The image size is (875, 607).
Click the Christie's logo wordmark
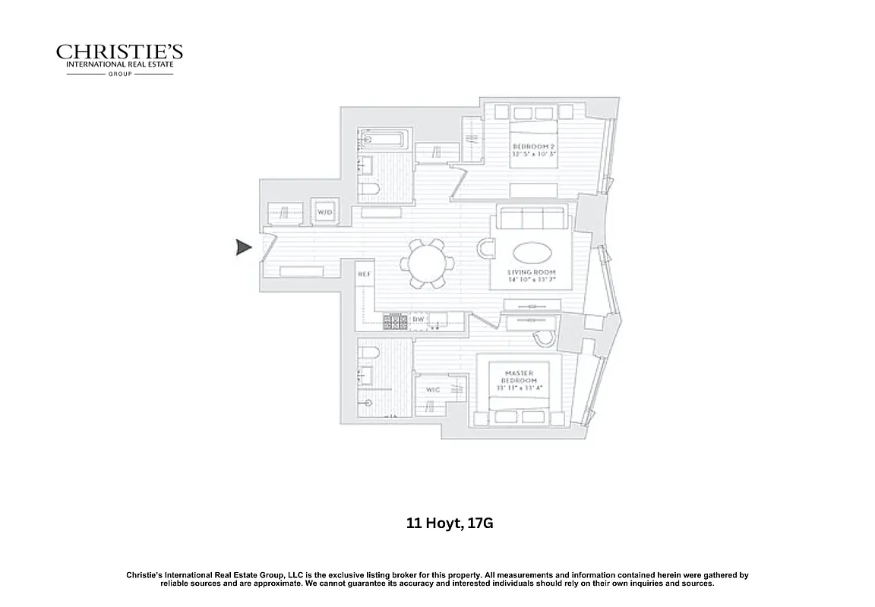(119, 52)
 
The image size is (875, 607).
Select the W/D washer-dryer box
(325, 212)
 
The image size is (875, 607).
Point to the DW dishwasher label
(418, 319)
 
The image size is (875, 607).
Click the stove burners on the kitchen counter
(394, 322)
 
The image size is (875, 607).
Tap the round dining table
(428, 263)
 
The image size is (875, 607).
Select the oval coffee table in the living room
(532, 253)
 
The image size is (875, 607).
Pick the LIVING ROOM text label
(532, 272)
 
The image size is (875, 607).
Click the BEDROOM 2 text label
(534, 146)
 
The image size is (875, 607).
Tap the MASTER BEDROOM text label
(520, 377)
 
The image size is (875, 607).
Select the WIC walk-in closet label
(433, 390)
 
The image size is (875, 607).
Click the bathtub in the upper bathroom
(384, 140)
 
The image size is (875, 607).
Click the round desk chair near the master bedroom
(544, 338)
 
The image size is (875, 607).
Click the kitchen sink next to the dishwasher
(437, 322)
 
